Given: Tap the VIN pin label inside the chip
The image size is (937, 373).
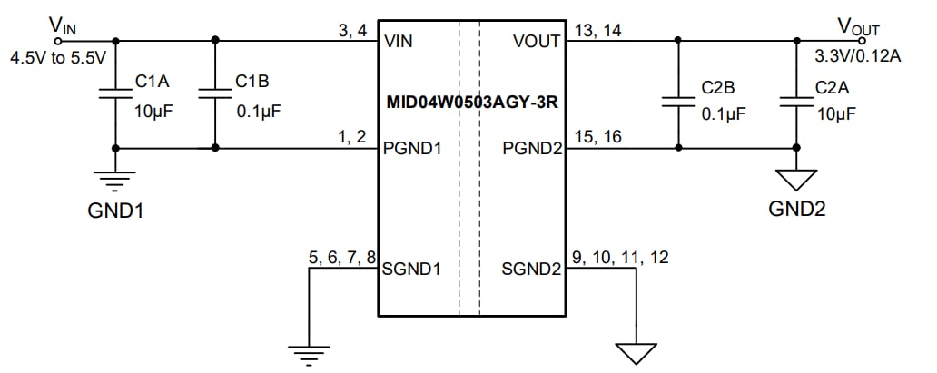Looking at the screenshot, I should point(400,42).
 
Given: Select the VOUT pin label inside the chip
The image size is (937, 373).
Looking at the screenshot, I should point(537,42).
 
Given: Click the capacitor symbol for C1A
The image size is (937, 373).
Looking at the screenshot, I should point(114,93).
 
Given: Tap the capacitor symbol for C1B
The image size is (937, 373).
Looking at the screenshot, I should point(214,93).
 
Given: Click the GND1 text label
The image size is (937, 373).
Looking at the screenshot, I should point(114,211).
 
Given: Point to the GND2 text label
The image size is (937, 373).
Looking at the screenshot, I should point(796,210).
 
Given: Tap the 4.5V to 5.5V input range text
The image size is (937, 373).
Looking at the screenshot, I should point(58,57).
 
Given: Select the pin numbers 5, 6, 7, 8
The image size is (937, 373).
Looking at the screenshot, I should point(342,258).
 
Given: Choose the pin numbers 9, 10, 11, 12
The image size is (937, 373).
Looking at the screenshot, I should point(619,258).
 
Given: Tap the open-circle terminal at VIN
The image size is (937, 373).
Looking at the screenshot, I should point(60,40).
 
